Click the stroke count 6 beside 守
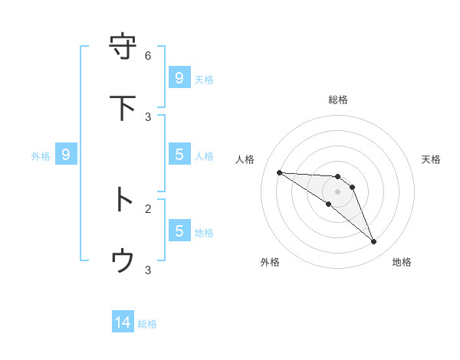(148, 56)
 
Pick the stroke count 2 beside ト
(148, 208)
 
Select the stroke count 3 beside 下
(148, 116)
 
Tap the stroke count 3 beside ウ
(148, 270)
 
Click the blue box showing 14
(123, 323)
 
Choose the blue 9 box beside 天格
(179, 78)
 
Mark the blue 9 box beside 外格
(66, 155)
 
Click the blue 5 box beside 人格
(179, 155)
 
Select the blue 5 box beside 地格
(179, 231)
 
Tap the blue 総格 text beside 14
(147, 324)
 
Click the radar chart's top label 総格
(337, 100)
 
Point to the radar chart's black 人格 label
(245, 159)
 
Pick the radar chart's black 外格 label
(269, 262)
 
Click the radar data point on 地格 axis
(374, 242)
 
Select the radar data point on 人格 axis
(279, 172)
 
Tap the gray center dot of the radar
(337, 191)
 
